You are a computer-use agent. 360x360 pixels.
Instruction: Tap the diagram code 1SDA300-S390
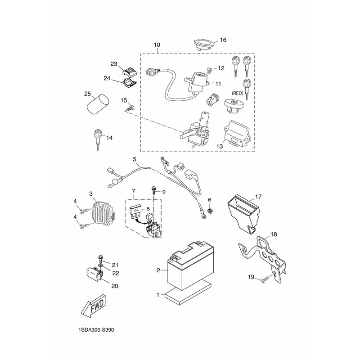point(96,330)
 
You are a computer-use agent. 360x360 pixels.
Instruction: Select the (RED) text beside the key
point(238,93)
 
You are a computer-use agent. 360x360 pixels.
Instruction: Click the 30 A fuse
point(136,211)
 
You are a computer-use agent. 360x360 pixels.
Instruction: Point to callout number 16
point(223,40)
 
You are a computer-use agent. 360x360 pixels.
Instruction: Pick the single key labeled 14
point(98,139)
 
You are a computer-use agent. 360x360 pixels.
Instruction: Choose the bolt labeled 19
point(265,279)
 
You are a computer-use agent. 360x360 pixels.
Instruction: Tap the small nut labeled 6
point(210,211)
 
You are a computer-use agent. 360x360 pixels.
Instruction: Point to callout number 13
point(220,146)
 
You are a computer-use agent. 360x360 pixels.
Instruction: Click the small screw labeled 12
point(209,70)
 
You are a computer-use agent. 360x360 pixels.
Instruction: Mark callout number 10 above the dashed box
point(157,45)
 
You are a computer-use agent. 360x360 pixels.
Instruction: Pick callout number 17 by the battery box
point(258,197)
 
